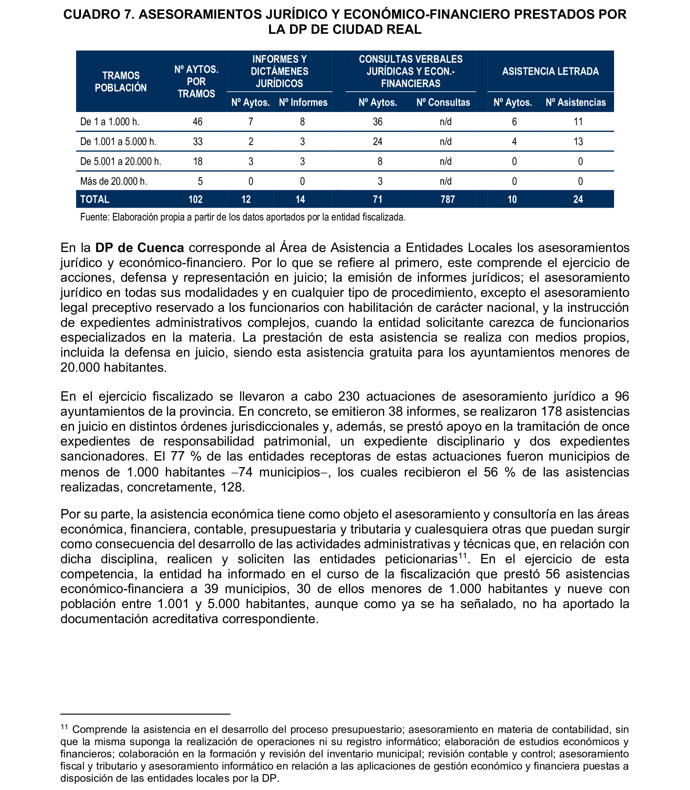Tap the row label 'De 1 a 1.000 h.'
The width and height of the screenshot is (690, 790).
(110, 122)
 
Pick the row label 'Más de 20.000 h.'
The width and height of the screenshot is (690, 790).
(114, 181)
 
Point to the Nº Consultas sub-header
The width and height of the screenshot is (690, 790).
(443, 103)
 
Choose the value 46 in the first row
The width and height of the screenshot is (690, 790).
(198, 122)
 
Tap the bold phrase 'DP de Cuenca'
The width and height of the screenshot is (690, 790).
(139, 248)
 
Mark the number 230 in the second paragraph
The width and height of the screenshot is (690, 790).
(349, 396)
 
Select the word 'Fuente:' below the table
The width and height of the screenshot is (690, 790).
(95, 217)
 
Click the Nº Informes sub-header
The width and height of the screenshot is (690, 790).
(303, 103)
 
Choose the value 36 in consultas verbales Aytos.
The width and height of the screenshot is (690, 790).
(377, 122)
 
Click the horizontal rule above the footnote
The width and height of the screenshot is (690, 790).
(145, 714)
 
